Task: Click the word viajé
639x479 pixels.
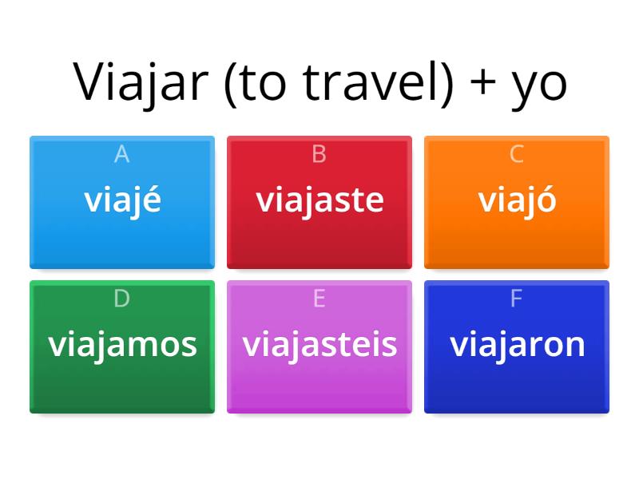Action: point(122,200)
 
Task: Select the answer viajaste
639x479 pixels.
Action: point(319,200)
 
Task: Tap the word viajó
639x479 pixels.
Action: point(517,200)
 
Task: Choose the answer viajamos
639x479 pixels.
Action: point(122,344)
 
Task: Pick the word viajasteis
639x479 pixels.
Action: point(319,344)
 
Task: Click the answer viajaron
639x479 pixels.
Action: point(517,344)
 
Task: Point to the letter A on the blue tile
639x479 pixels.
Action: point(121,154)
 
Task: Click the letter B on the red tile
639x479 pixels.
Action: point(319,154)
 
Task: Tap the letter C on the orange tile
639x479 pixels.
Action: point(517,154)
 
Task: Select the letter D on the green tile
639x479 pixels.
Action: point(121,299)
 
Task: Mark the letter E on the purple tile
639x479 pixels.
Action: point(319,299)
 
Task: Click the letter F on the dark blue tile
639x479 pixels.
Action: point(517,299)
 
